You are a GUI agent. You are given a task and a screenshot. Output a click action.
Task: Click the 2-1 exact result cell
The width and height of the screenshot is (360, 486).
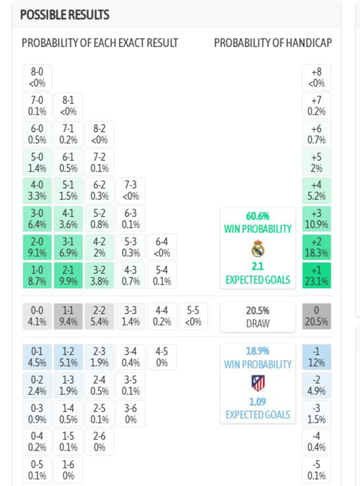click(x=68, y=275)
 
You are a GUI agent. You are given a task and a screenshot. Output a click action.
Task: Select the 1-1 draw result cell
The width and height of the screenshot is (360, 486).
click(x=68, y=316)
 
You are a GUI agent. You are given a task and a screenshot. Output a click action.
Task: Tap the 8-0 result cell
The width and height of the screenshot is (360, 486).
click(x=37, y=78)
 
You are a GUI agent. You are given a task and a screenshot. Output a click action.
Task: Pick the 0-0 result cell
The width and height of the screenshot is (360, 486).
click(x=37, y=316)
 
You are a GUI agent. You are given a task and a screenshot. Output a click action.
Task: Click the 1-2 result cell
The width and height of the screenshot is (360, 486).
click(x=68, y=357)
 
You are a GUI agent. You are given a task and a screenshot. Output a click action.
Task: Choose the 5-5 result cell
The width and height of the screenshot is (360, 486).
click(x=193, y=316)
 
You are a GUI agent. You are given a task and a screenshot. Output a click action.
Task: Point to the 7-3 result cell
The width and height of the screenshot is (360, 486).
click(x=131, y=190)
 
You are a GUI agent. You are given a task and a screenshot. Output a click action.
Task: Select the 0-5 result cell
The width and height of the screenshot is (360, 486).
click(x=37, y=470)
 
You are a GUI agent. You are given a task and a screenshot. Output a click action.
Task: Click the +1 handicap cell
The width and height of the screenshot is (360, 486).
click(x=317, y=275)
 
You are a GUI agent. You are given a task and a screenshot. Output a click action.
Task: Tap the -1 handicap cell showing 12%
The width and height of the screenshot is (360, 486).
click(x=317, y=357)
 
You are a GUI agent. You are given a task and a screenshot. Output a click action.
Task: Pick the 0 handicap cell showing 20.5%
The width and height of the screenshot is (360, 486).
click(x=317, y=316)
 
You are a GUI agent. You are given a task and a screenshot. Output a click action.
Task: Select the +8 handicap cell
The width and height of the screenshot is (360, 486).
click(x=317, y=78)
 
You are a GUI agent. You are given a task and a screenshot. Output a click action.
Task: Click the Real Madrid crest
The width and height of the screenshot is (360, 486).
click(x=258, y=250)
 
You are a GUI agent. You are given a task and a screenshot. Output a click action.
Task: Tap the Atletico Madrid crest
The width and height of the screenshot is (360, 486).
click(x=258, y=383)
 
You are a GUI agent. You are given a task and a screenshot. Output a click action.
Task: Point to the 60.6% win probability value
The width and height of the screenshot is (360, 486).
click(x=258, y=216)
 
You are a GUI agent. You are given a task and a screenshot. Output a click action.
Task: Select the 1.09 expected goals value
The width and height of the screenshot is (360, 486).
click(x=258, y=401)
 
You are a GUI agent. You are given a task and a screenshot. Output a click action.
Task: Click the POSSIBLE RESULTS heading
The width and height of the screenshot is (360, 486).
click(x=65, y=15)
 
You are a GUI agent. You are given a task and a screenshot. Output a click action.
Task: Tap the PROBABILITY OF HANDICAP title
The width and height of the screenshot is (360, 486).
click(x=273, y=43)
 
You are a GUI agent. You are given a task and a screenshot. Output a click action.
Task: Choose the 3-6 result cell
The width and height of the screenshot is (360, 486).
click(x=131, y=413)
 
